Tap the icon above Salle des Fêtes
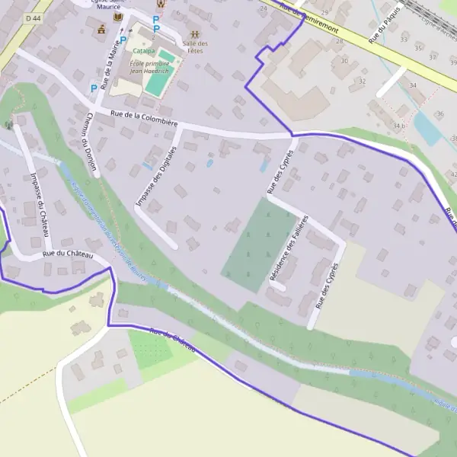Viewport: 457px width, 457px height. pos(196,34)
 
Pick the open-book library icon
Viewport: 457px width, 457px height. pos(117,17)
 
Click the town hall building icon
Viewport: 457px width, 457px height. pos(101,30)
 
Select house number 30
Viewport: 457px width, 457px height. pos(344,62)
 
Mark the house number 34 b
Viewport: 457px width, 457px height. pos(399,125)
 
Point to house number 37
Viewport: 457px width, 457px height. pos(433,57)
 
